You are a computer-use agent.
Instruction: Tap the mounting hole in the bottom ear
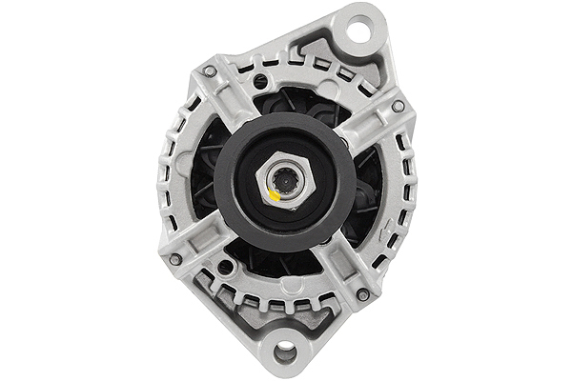pos(283,353)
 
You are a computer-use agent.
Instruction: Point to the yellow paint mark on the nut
pos(274,194)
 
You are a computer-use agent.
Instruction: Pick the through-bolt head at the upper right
pos(397,106)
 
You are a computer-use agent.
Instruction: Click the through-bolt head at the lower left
pos(175,258)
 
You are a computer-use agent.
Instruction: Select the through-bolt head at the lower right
pos(363,294)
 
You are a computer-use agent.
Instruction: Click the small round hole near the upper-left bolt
pos(260,82)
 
